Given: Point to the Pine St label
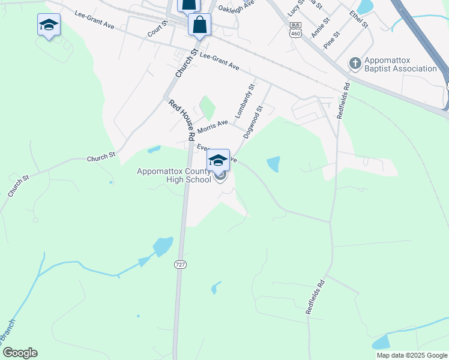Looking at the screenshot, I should (x=331, y=40).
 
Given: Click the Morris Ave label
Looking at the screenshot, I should (x=213, y=127).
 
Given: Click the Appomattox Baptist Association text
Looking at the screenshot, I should (x=400, y=64).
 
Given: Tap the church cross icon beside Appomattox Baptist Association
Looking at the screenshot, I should (x=355, y=63).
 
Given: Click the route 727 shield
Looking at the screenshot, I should (x=179, y=264).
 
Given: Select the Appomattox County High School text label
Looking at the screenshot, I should (x=174, y=175).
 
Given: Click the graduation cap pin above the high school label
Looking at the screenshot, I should (x=218, y=160).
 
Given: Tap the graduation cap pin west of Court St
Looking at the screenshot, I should (x=48, y=25).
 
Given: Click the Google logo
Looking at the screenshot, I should (x=20, y=353).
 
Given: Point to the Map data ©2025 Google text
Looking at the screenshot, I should (x=412, y=355).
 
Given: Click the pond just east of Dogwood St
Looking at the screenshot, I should (x=273, y=164).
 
